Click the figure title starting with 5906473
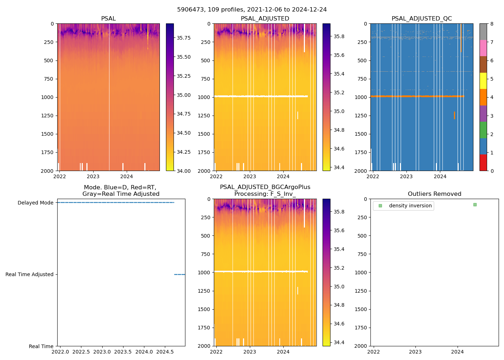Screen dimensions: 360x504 pos(252,10)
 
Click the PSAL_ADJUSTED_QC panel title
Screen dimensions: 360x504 pos(422,19)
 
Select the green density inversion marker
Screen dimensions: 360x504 pos(475,204)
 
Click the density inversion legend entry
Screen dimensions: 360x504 pos(410,206)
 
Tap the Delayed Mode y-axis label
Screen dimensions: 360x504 pos(35,203)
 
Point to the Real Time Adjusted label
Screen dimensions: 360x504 pos(29,274)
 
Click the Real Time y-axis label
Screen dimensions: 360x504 pos(41,346)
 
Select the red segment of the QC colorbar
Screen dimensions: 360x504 pos(483,162)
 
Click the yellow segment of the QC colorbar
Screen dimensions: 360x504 pos(483,81)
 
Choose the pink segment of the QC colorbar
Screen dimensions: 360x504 pos(483,48)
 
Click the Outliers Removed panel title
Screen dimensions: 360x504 pos(435,194)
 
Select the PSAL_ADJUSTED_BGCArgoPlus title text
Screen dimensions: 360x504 pos(265,187)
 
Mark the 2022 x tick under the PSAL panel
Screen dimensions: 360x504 pos(60,176)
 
